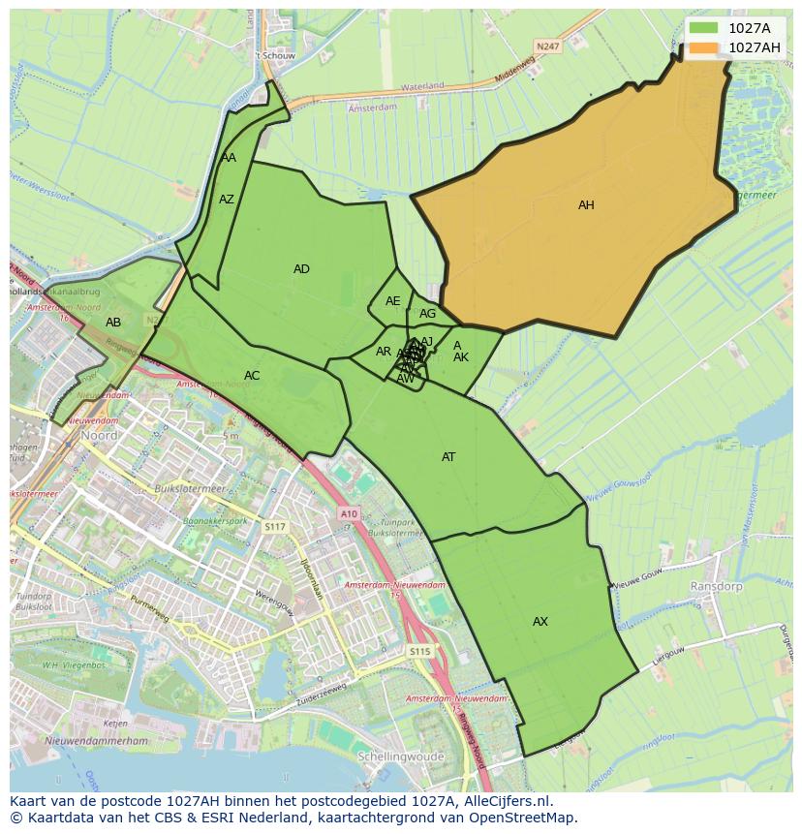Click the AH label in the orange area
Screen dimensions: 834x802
pos(586,205)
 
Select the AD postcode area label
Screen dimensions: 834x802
pos(301,269)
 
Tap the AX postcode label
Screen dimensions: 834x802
pos(540,622)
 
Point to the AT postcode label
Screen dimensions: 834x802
pos(448,457)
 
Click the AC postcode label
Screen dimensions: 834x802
pos(252,376)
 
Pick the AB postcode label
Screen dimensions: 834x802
pos(113,323)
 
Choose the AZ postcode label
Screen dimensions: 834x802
pos(227,200)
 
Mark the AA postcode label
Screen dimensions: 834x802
pos(229,158)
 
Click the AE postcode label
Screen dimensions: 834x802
pos(392,301)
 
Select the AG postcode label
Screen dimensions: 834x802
pos(427,314)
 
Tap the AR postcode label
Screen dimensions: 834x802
pos(384,352)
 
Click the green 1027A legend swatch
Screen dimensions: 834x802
pos(704,29)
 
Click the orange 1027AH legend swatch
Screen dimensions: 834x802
pos(704,47)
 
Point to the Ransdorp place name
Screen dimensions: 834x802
pos(716,587)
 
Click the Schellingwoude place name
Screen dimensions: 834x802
pos(400,757)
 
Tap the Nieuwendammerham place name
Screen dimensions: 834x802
pos(96,741)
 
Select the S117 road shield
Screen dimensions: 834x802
pos(275,526)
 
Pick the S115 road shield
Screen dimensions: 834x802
pos(418,652)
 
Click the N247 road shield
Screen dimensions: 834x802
pos(547,46)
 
